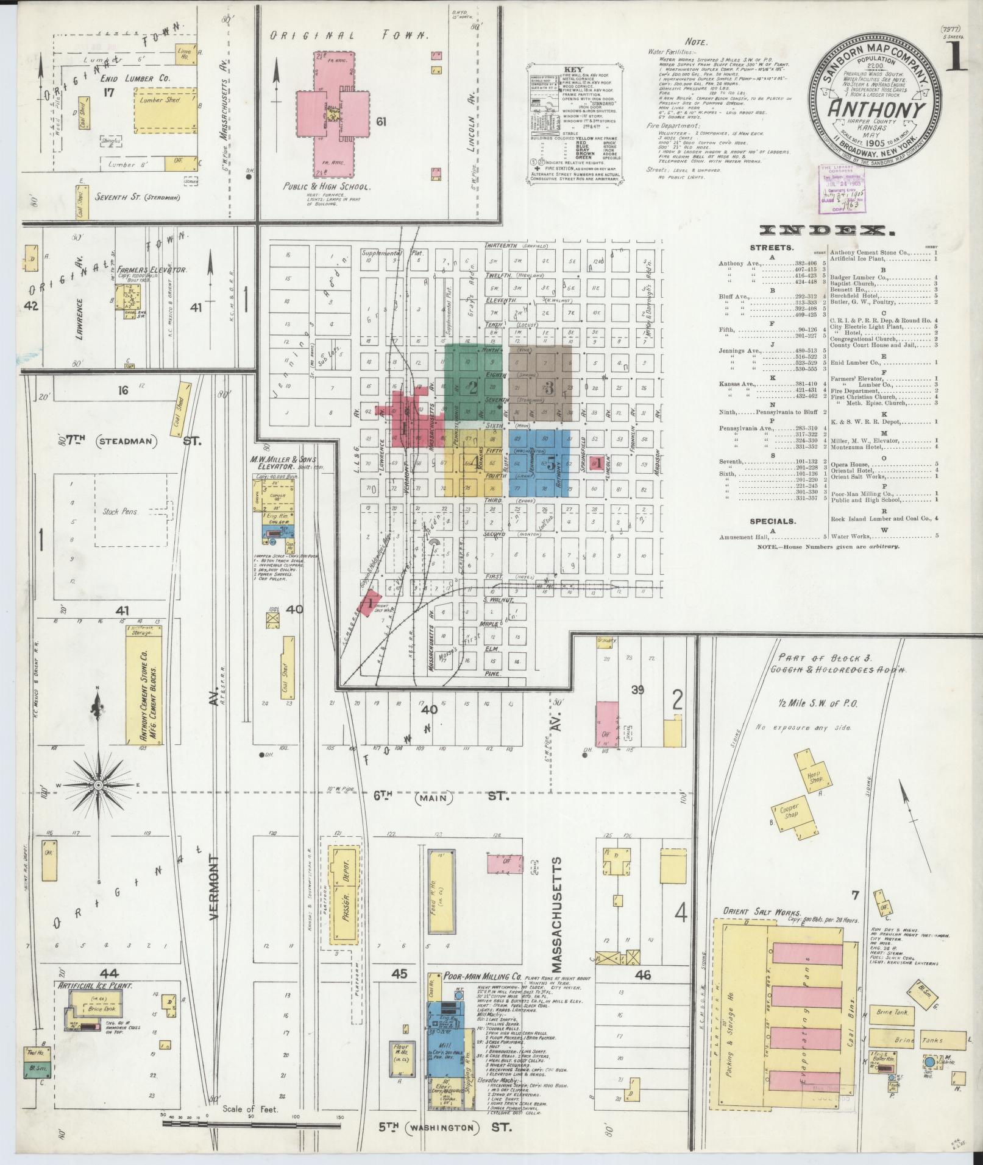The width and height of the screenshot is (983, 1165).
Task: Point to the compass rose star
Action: coord(98,786)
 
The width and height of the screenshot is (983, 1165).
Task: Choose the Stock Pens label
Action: coord(120,512)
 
